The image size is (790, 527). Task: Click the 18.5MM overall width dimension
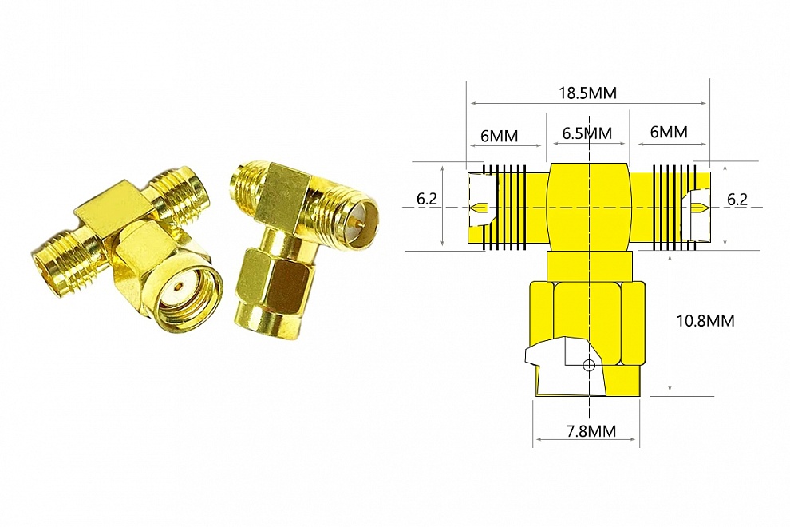587,93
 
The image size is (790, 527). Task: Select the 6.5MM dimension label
587,133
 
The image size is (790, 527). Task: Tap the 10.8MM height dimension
705,321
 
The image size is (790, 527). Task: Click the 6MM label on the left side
499,135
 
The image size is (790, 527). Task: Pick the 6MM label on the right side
669,133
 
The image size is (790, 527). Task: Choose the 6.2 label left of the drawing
426,199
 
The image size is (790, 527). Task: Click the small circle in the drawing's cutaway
589,366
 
